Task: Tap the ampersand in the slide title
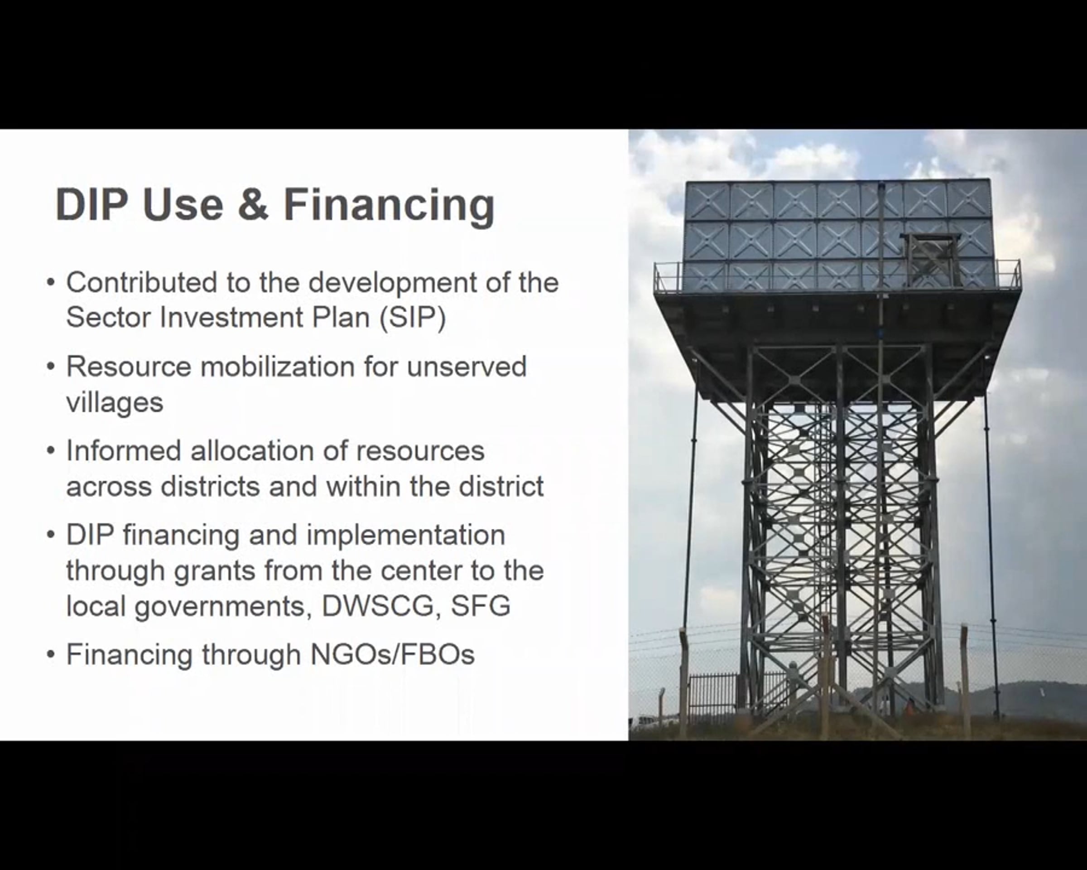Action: pos(253,204)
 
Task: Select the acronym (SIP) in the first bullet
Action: pos(413,318)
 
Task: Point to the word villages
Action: pos(115,402)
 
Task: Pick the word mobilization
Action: pos(277,366)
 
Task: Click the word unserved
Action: pos(467,367)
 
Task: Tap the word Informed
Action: pos(124,450)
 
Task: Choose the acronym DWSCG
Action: pos(378,606)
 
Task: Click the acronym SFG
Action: pos(481,606)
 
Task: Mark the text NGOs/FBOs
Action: pos(393,655)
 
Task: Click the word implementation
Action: pos(405,536)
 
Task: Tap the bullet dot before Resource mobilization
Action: pos(50,367)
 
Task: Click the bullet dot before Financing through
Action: pos(50,655)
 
